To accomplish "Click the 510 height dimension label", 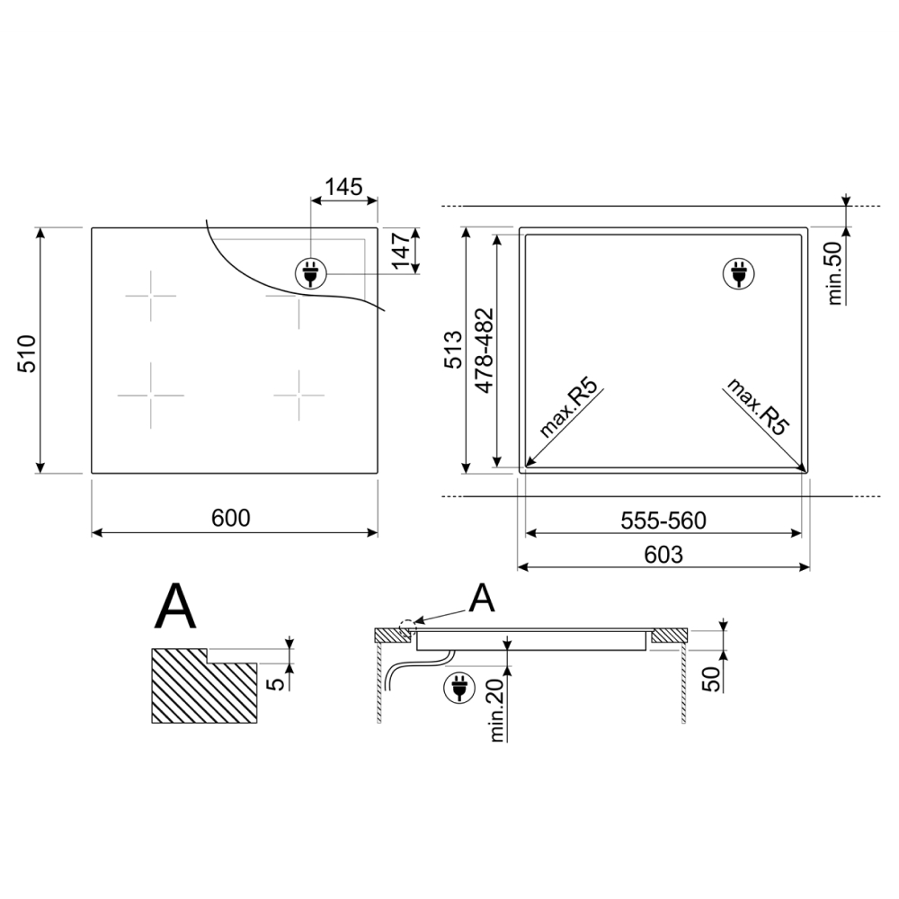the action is pos(27,353).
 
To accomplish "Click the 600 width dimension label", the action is pos(230,519).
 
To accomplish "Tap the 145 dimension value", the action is pos(344,187).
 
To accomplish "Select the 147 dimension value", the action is pos(401,250).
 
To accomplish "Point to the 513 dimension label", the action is pos(453,350).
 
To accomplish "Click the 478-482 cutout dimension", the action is pos(485,351).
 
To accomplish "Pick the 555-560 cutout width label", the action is pos(663,521).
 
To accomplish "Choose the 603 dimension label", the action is pos(663,555).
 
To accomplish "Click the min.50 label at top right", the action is pos(835,273).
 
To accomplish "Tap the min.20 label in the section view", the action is pos(496,710).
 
